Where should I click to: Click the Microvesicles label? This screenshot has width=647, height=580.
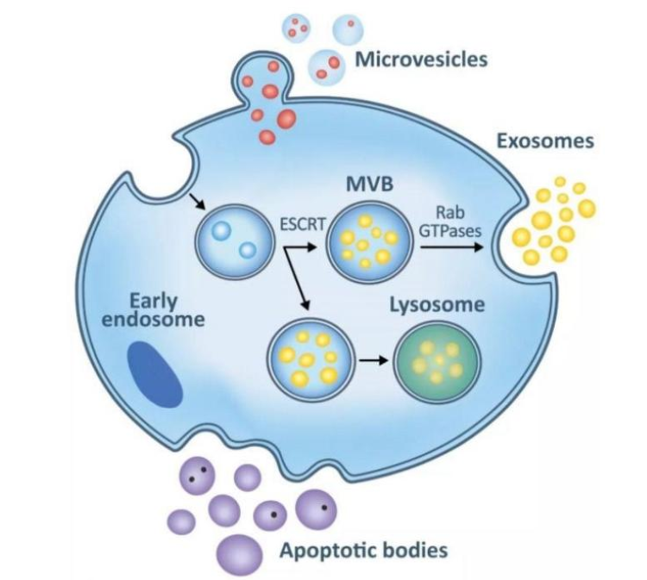421,59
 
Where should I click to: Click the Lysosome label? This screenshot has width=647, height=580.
437,304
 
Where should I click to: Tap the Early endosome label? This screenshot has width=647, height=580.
154,311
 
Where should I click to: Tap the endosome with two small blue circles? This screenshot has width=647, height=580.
234,240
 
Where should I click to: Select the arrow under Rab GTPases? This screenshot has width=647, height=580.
451,246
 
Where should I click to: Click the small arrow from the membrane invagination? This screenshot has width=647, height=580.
198,202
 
